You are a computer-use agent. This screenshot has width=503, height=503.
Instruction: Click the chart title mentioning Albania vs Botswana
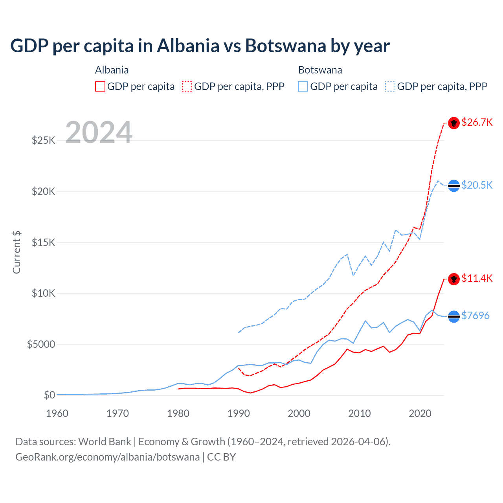pos(200,46)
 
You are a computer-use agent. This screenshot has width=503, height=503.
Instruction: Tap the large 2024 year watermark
pos(99,132)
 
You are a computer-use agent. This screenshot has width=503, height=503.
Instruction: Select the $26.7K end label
pos(477,123)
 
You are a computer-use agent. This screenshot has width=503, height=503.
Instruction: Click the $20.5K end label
pos(477,185)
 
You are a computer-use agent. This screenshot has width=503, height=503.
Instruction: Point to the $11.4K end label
pos(477,279)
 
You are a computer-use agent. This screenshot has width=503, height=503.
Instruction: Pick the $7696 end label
pos(475,316)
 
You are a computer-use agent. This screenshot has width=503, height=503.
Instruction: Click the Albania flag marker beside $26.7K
pos(454,123)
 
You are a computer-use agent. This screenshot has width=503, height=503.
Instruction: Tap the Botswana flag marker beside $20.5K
pos(454,185)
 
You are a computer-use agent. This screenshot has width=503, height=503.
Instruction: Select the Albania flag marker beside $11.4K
pos(454,279)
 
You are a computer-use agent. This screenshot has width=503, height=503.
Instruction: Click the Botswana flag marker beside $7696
pos(454,316)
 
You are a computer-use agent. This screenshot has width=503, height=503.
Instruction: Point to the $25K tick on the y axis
pos(43,140)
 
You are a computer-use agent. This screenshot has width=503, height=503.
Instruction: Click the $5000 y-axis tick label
pos(41,344)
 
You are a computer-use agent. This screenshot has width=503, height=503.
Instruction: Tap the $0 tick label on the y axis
pos(49,395)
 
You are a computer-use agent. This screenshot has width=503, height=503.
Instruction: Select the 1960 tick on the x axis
pos(57,413)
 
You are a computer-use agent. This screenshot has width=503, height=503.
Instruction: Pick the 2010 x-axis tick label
pos(360,413)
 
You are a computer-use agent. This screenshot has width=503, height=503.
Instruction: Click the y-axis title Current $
pos(17,252)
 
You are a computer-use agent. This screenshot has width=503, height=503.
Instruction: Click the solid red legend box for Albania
pos(100,86)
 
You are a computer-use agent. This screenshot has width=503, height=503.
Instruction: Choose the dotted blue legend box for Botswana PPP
pos(390,86)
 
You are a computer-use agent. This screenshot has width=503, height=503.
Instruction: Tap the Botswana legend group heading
pos(320,70)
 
